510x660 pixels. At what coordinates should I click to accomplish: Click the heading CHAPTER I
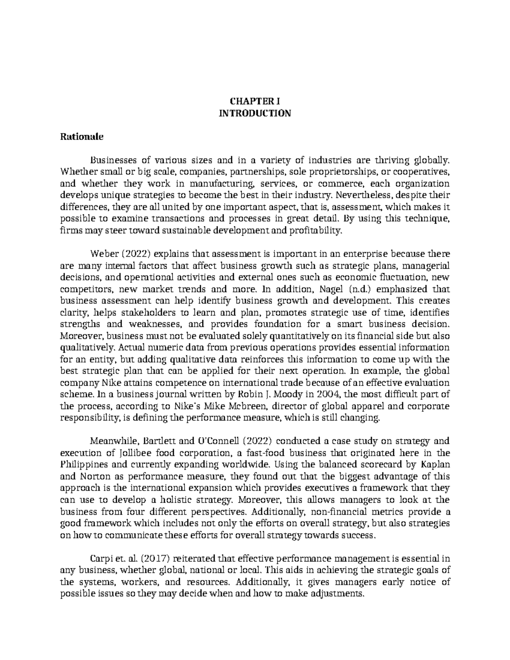click(x=255, y=102)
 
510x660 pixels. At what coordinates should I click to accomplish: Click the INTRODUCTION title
click(x=255, y=113)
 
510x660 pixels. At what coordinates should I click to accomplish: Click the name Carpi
click(x=101, y=558)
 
